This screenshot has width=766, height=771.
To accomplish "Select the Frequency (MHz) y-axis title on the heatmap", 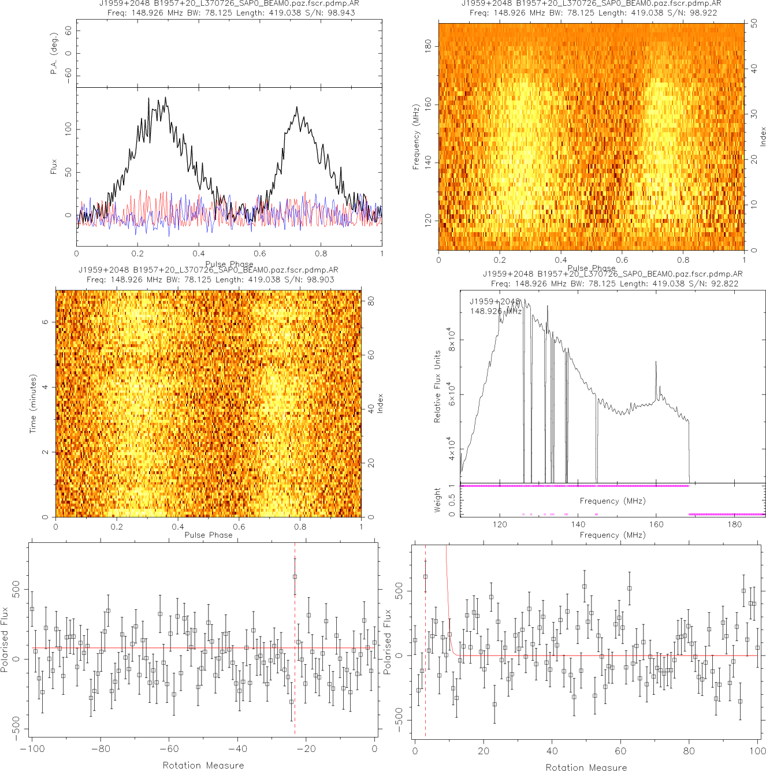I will (x=416, y=137).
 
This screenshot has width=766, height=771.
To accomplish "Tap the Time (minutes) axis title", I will (x=33, y=404).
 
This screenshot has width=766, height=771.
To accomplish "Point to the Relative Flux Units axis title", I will (x=437, y=386).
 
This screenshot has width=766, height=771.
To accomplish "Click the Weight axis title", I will (x=437, y=500).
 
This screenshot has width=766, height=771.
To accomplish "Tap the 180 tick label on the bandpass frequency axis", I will (x=734, y=524).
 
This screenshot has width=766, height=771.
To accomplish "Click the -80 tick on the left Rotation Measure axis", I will (x=101, y=749).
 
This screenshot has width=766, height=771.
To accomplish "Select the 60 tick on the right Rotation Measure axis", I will (x=620, y=751).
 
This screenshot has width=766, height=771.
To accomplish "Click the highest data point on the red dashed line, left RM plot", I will (x=295, y=576).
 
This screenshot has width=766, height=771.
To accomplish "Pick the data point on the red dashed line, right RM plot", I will (x=425, y=576).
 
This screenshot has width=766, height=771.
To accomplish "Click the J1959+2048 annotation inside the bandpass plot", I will (x=494, y=301).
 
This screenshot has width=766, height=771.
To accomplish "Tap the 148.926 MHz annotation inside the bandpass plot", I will (x=496, y=311).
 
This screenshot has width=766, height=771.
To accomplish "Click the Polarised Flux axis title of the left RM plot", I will (x=5, y=639).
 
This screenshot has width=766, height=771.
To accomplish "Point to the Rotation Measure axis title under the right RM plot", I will (x=586, y=767).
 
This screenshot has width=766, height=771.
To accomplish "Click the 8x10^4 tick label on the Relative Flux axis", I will (x=451, y=338).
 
